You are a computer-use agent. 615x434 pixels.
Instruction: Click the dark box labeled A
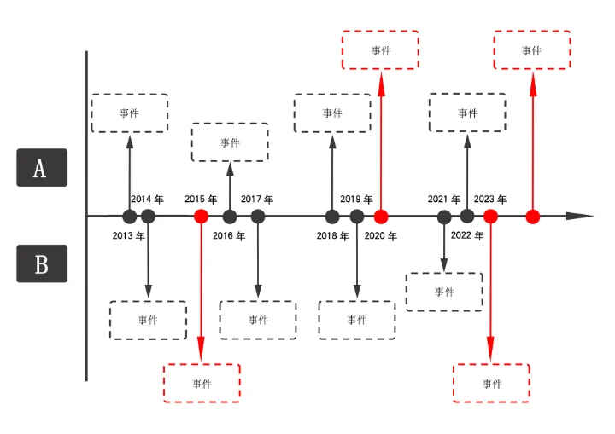pos(41,168)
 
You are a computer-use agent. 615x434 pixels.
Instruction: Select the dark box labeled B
pos(41,263)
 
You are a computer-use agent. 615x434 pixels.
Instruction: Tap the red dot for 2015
pos(201,217)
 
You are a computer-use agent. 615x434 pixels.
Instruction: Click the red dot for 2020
pos(381,217)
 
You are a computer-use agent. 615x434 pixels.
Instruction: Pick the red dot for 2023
pos(490,217)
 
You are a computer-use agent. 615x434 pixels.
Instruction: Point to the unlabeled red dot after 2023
pos(533,217)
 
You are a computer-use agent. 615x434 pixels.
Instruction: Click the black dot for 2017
pos(258,217)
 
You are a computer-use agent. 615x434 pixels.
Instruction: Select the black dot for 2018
pos(332,217)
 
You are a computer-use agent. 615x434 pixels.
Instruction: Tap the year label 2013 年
pos(128,235)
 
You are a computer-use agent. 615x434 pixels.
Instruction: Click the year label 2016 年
pos(229,235)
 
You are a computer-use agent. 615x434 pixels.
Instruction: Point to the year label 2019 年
pos(356,199)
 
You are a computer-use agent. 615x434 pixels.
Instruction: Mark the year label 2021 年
pos(444,199)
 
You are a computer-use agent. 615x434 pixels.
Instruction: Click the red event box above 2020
pos(380,50)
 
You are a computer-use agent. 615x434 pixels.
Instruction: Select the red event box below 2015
pos(202,384)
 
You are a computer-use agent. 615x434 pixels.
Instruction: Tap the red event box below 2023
pos(491,384)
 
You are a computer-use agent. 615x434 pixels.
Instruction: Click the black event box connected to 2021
pos(444,292)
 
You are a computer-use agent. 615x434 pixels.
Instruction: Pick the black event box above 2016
pos(230,142)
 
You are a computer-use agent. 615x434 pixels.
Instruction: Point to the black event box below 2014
pos(148,320)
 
